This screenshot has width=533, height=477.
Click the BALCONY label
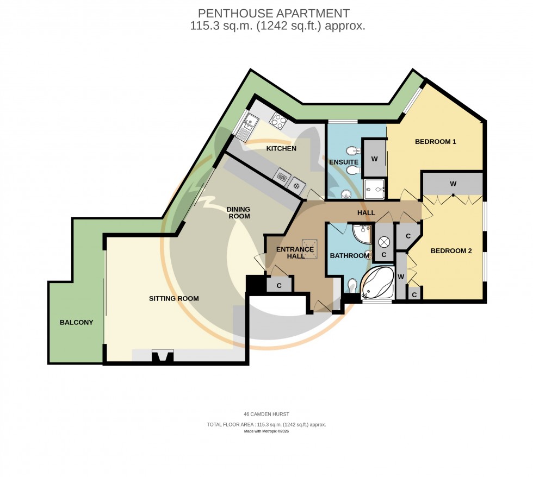click(76, 322)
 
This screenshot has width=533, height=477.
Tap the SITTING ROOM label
click(174, 298)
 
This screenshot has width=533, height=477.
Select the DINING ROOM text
click(239, 212)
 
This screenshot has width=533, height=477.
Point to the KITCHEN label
click(281, 148)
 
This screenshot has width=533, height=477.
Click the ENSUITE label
click(344, 162)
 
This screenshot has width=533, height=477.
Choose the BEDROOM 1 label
click(435, 142)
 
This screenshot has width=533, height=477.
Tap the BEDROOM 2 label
click(451, 251)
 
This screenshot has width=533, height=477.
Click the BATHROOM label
click(350, 255)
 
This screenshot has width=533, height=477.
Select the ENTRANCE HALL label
click(295, 253)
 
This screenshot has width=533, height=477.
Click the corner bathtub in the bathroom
click(377, 283)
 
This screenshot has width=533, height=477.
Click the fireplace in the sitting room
click(163, 356)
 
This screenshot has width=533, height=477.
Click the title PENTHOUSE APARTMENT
click(274, 13)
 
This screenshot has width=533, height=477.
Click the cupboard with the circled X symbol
click(383, 242)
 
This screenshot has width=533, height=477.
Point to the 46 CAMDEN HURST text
click(266, 414)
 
